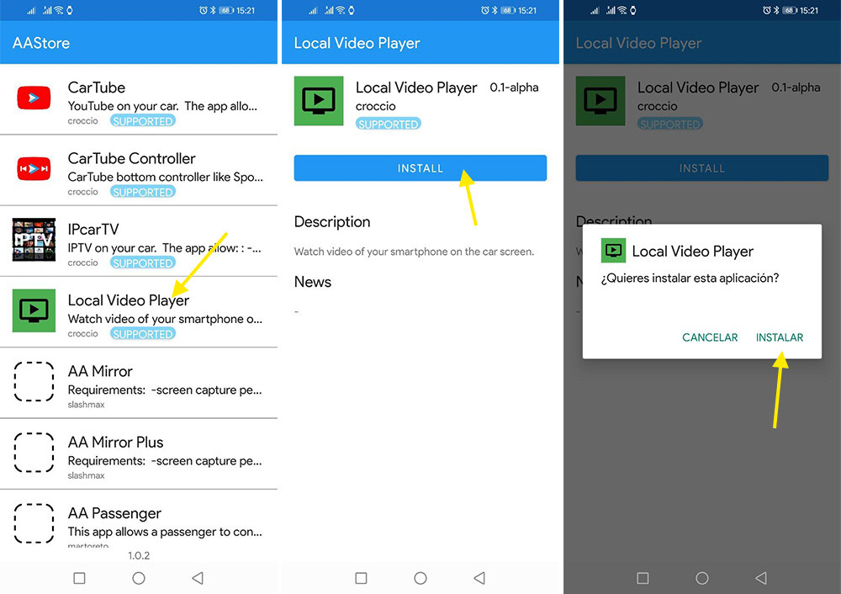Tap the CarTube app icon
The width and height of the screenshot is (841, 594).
click(34, 98)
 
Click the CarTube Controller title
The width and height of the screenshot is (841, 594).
click(131, 158)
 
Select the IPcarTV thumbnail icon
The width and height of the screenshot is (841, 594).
click(34, 240)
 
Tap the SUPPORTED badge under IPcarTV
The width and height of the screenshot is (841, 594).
click(143, 263)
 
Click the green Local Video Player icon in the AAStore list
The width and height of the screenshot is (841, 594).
click(34, 310)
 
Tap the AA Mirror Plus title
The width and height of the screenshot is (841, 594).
click(115, 442)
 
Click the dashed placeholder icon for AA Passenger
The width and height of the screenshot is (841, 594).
click(34, 523)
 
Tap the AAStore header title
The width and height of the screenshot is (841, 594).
click(41, 43)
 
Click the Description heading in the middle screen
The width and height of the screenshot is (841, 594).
click(331, 222)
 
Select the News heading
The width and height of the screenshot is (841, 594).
click(312, 282)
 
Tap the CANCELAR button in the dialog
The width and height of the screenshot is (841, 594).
click(710, 337)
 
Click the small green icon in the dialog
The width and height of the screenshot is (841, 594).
click(613, 251)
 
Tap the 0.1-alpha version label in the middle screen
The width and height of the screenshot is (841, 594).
click(514, 88)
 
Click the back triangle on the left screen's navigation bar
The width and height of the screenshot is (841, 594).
click(198, 578)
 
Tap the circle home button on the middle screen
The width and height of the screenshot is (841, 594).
click(420, 578)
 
